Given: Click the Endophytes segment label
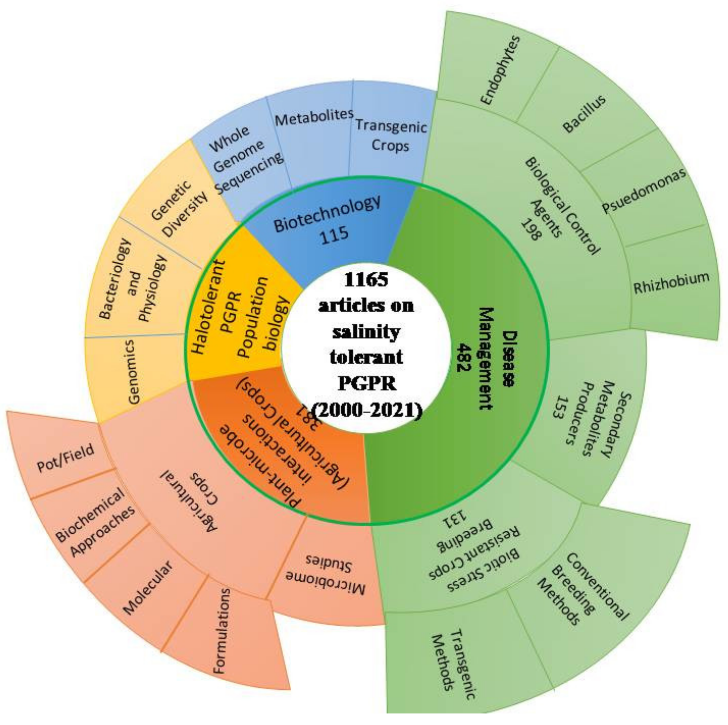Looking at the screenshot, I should tap(500, 70).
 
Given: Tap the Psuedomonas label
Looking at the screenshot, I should tap(644, 191).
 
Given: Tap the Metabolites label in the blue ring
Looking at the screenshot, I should tap(314, 118).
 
